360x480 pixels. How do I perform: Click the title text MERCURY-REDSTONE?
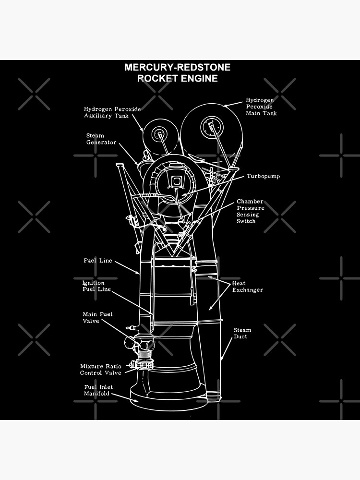click(177, 67)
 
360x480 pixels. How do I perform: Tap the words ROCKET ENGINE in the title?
click(177, 78)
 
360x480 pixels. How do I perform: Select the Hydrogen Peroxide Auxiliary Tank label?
click(112, 112)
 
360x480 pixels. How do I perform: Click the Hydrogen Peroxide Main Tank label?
click(261, 107)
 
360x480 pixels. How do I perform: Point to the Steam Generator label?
click(101, 139)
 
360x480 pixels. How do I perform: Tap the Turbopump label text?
click(263, 176)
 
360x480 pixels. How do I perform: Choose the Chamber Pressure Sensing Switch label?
click(250, 211)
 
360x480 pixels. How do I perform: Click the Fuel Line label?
click(97, 261)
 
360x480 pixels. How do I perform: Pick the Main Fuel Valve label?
click(97, 317)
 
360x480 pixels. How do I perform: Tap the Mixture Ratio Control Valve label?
click(100, 369)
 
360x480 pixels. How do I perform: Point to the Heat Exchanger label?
click(247, 287)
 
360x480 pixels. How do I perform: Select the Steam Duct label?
click(242, 333)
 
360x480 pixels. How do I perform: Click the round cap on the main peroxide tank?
click(211, 126)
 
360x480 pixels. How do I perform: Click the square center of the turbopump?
click(176, 181)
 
